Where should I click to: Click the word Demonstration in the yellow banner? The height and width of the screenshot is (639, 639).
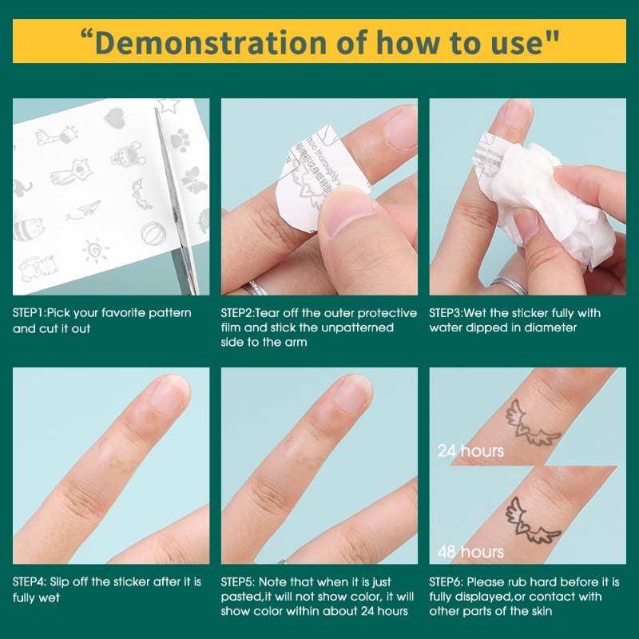(211, 42)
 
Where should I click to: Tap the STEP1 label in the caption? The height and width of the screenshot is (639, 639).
(29, 313)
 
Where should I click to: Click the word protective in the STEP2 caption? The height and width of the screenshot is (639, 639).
(387, 313)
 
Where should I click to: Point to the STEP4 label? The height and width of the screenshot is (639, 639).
(29, 581)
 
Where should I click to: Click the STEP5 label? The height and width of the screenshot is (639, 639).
(237, 581)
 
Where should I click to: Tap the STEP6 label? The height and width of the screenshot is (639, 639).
(446, 581)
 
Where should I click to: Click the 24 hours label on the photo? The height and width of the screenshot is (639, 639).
(470, 451)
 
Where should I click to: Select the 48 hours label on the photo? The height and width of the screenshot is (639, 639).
(470, 552)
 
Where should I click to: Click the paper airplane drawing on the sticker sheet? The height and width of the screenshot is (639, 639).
(84, 210)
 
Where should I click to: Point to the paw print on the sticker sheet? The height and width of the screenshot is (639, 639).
(179, 139)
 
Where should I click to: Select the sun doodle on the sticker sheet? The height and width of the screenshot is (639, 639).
(95, 250)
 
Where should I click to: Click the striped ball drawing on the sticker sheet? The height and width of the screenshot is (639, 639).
(153, 233)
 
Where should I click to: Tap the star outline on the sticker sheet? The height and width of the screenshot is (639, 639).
(168, 105)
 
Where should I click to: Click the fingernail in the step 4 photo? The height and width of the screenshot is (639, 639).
(170, 394)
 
